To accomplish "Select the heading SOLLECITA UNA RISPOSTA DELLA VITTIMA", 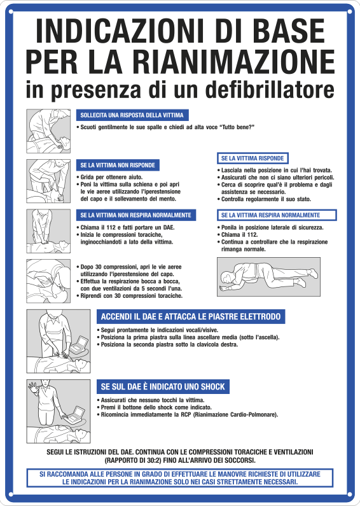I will click(132, 115).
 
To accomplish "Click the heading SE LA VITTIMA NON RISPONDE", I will click(116, 165).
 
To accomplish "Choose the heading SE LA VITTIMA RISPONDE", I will click(253, 158).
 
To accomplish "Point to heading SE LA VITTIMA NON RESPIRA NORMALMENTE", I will click(135, 214).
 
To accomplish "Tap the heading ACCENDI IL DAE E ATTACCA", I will click(190, 317).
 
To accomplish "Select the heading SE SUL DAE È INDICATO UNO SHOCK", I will click(163, 386).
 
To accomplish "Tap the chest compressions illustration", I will click(48, 230).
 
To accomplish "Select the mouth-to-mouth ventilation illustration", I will click(48, 279).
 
